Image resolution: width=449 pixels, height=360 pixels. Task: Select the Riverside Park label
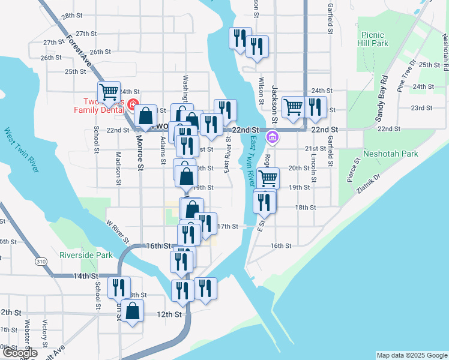(x=86, y=255)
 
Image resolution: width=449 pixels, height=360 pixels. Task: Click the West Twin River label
(x=22, y=149)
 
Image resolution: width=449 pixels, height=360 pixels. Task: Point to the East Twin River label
(x=253, y=160)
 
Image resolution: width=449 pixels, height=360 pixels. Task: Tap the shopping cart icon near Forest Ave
(x=109, y=92)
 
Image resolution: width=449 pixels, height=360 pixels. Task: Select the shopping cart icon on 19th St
(x=268, y=178)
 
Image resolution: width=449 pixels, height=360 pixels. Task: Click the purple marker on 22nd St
(x=273, y=137)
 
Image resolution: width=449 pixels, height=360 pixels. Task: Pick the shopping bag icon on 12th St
(x=133, y=310)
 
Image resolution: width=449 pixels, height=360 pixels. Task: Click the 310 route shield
(x=41, y=262)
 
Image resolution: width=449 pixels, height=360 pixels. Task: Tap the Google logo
(x=20, y=353)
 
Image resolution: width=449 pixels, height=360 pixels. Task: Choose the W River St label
(x=118, y=232)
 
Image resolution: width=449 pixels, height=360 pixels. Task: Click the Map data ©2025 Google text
(x=411, y=355)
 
